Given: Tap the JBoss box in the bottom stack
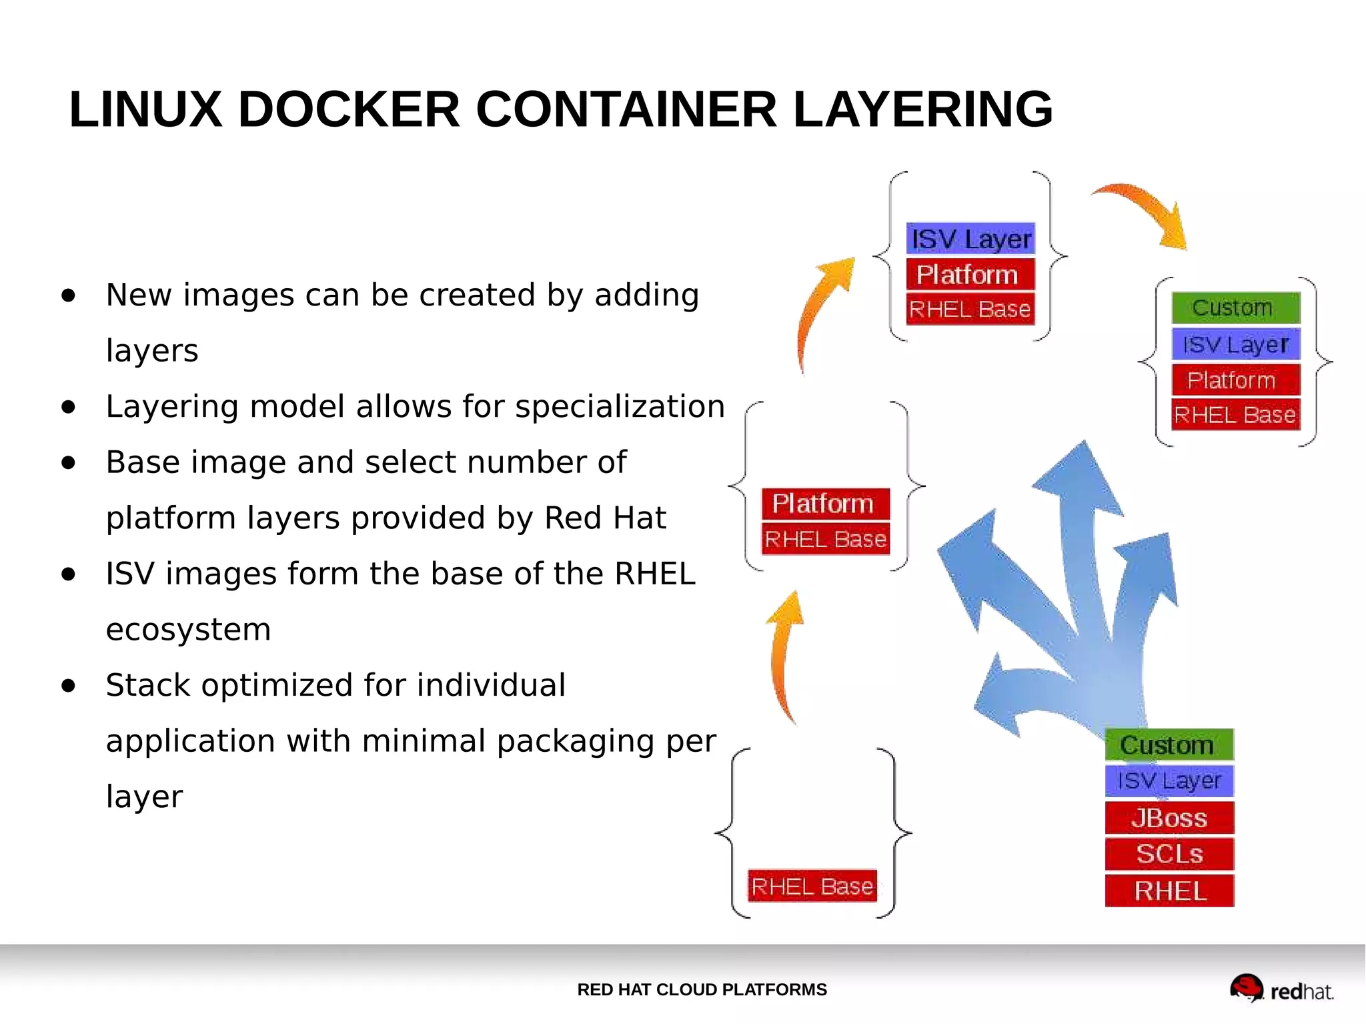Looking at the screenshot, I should click(1169, 818).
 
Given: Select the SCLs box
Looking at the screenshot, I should click(1169, 855).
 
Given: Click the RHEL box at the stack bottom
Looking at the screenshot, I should click(1169, 891).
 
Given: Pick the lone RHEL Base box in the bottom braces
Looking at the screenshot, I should click(812, 887).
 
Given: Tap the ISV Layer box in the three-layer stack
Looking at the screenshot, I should click(970, 239).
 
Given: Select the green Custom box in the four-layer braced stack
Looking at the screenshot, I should click(1235, 308).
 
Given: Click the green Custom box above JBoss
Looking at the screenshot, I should click(1169, 745).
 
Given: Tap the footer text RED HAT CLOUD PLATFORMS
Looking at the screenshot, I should click(702, 990).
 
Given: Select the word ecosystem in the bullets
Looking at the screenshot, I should click(188, 630).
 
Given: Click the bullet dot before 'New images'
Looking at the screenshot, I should click(68, 296).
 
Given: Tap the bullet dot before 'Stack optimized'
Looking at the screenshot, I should click(68, 686).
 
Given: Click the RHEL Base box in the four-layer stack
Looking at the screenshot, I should click(1235, 415).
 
